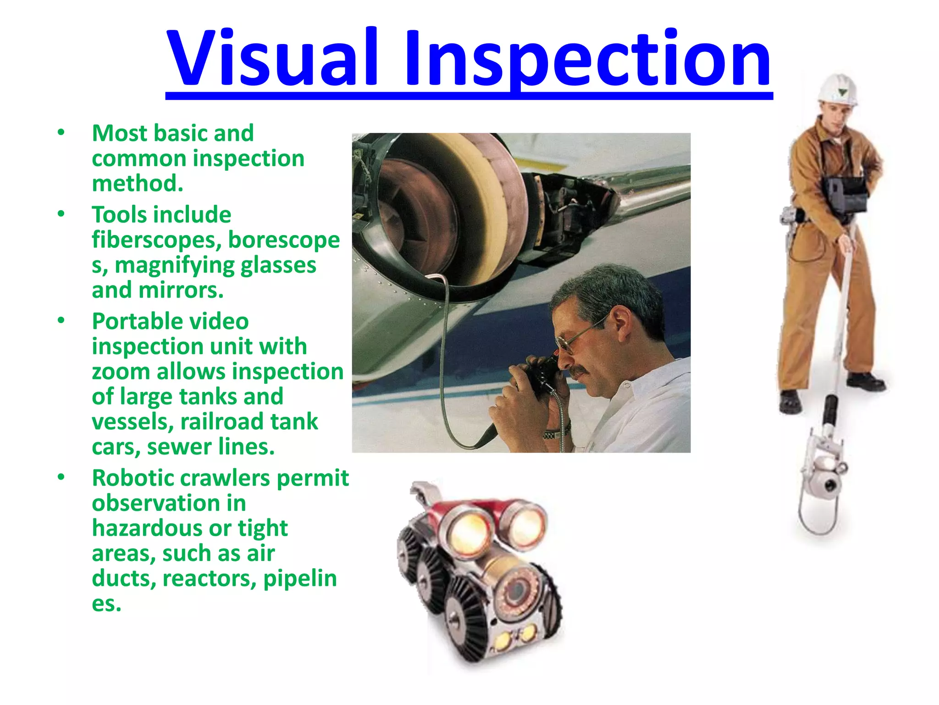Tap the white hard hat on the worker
(x=838, y=90)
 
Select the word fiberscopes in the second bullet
(x=156, y=240)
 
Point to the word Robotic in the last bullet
(x=134, y=478)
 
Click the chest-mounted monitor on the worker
(x=846, y=193)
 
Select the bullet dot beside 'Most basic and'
(x=61, y=133)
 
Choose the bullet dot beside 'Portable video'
(x=61, y=321)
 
